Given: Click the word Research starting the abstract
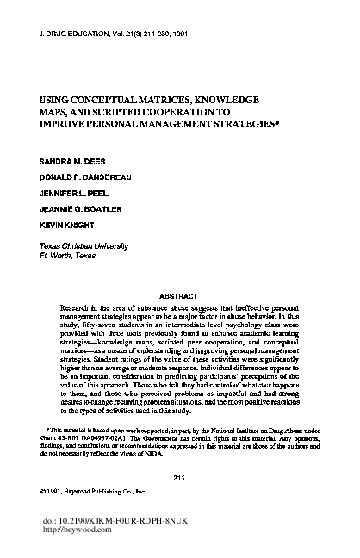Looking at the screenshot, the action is click(x=76, y=306).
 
